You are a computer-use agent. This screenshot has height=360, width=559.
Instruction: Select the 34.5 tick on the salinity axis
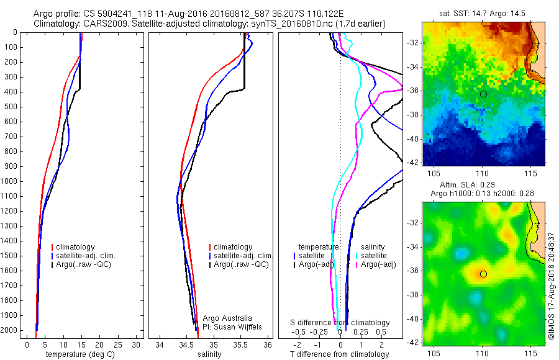186,344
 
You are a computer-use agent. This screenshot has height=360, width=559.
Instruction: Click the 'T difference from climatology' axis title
340,354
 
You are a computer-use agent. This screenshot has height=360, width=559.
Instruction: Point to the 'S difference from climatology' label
340,323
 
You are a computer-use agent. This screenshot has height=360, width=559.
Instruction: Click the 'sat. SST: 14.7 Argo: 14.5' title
483,12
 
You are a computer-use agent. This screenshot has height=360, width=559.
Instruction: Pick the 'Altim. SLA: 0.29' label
483,186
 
